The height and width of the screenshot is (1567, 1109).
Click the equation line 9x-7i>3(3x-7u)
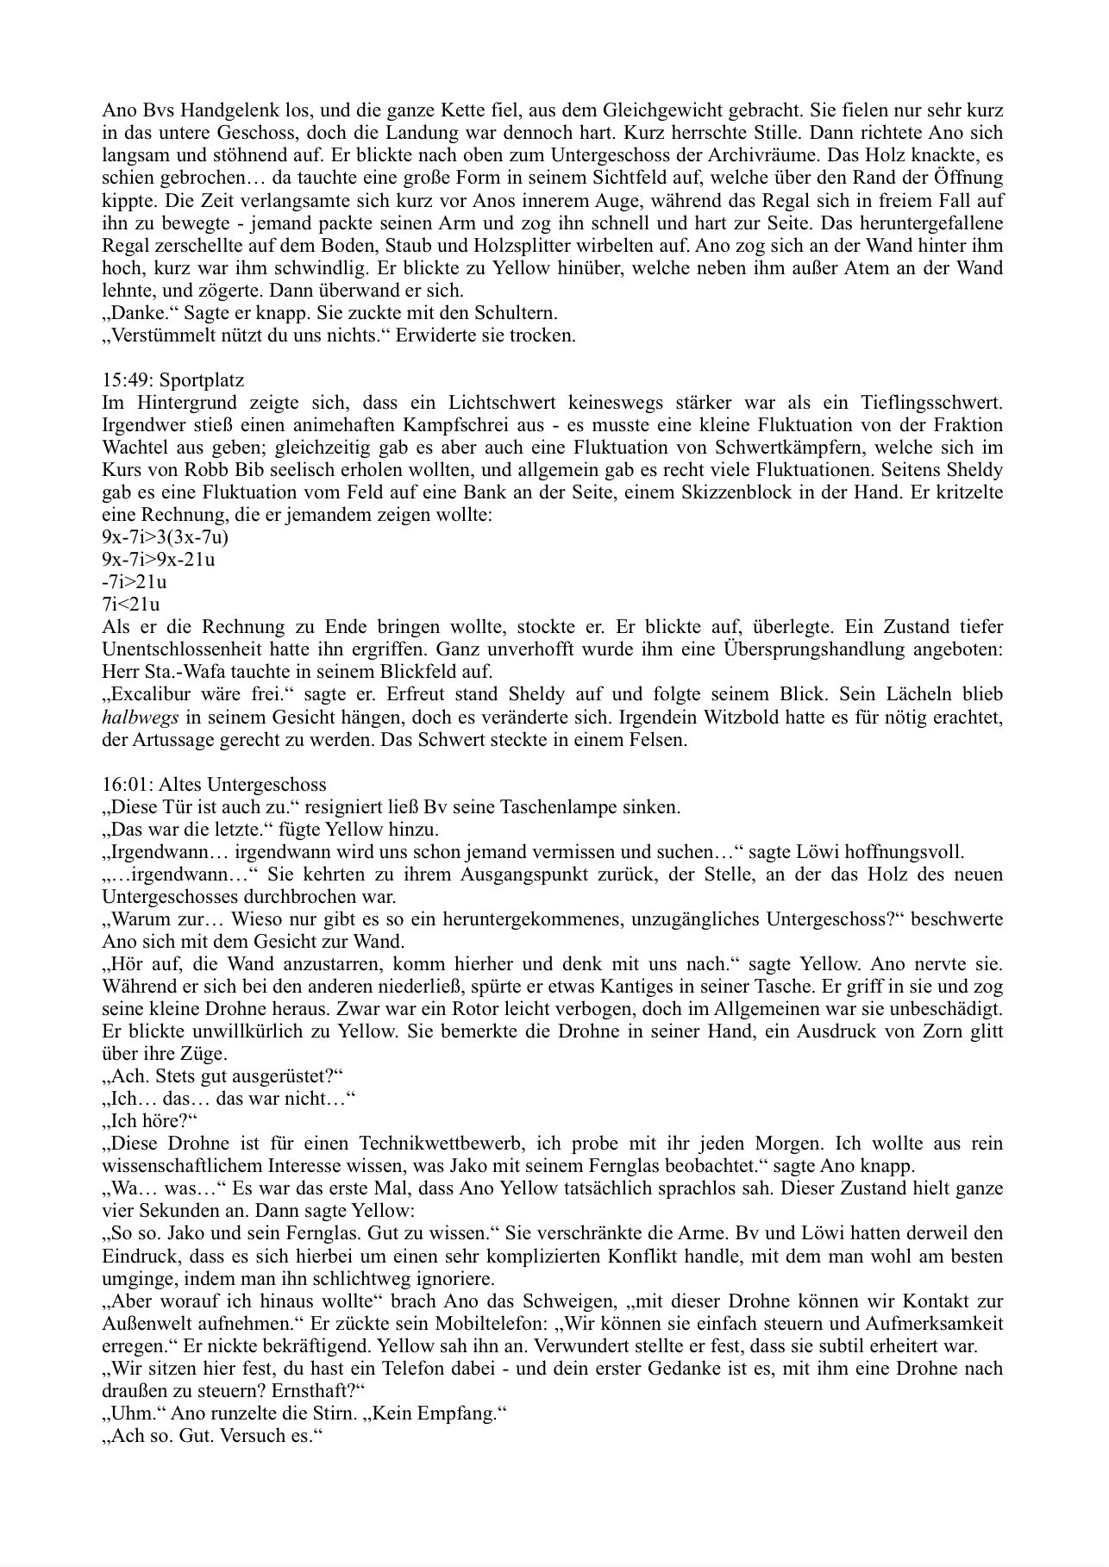(x=165, y=537)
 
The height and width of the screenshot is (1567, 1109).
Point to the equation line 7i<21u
(x=130, y=605)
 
